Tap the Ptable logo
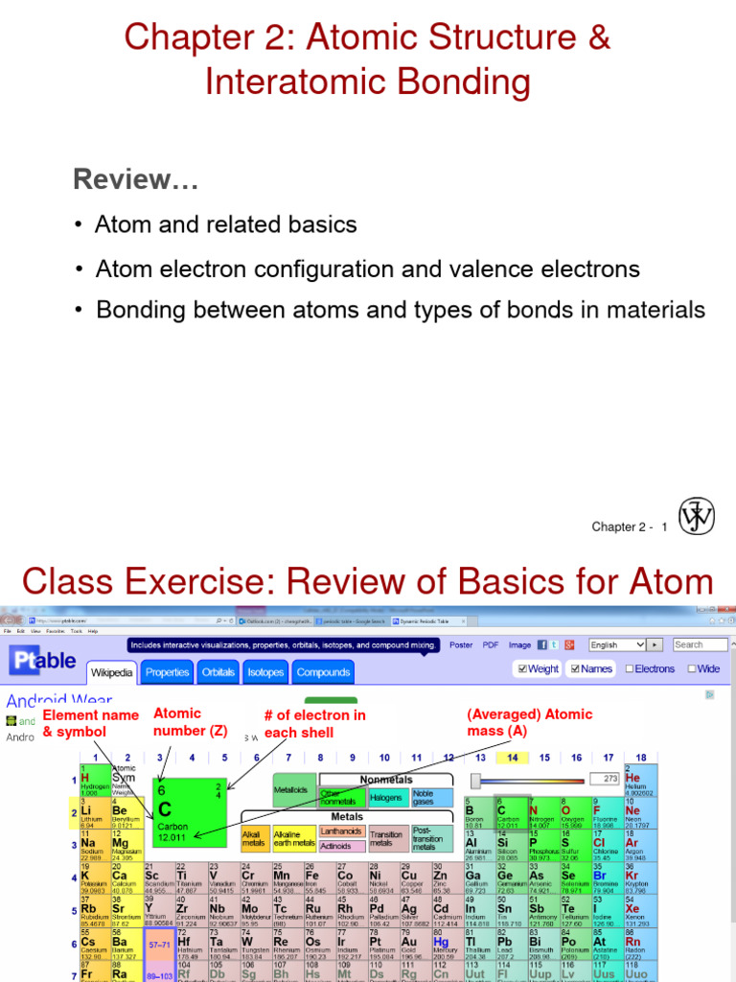[43, 661]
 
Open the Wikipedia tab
[112, 673]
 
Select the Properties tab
[168, 673]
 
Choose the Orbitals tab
[218, 673]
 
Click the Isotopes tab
[265, 673]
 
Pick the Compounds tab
[323, 673]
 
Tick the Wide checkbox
[689, 669]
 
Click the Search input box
[700, 645]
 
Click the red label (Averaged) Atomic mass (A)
[529, 722]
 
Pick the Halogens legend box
[386, 797]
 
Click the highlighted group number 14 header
[513, 758]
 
